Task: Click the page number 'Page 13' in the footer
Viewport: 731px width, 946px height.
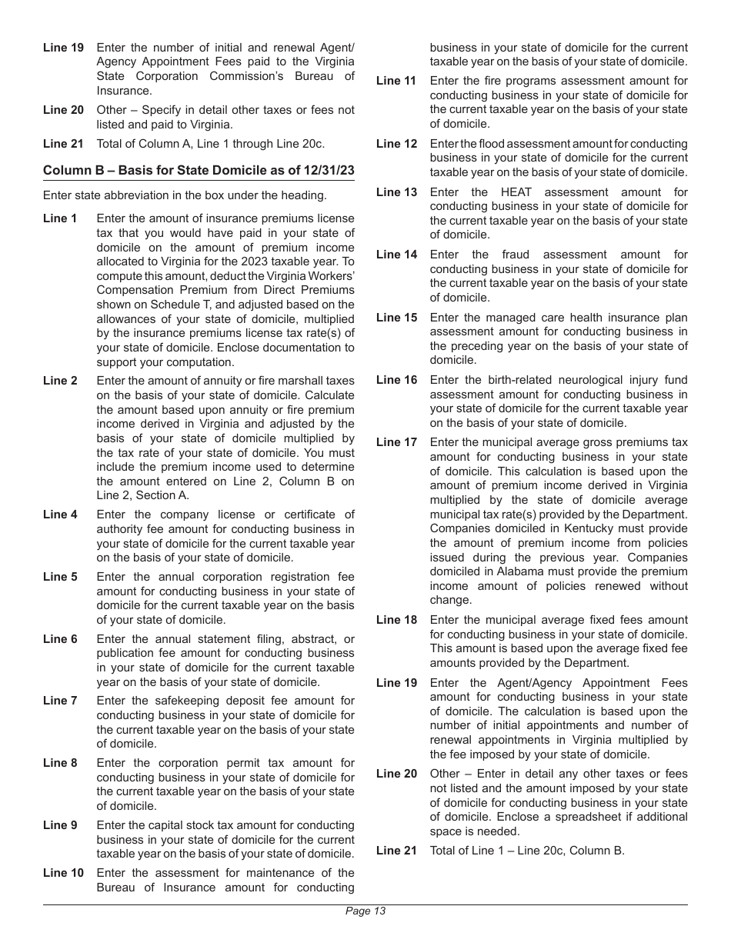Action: [365, 911]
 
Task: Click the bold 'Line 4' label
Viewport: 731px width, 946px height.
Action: [60, 515]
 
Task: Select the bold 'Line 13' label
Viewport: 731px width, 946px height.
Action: [396, 192]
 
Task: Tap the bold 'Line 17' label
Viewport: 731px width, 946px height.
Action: [396, 442]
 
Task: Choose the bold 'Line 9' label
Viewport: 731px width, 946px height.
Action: [60, 825]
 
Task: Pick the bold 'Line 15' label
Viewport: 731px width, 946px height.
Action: [396, 318]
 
